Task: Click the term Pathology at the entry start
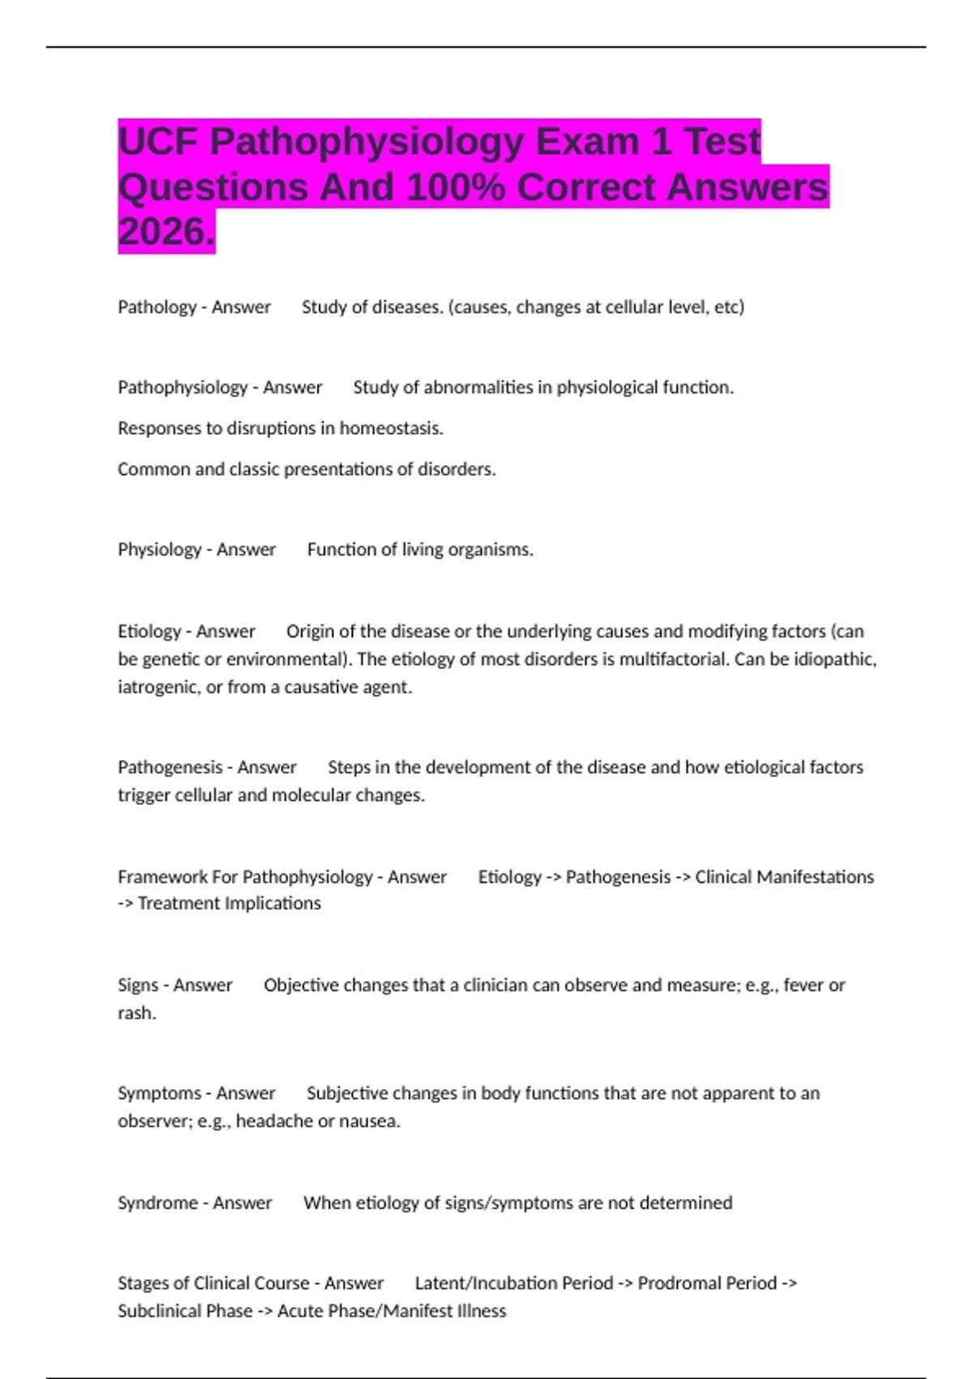(157, 307)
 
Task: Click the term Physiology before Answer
(160, 550)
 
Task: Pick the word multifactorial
(675, 659)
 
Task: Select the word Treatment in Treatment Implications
(178, 904)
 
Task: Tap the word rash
(136, 1013)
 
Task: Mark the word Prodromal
(677, 1283)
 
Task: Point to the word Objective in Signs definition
(302, 986)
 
